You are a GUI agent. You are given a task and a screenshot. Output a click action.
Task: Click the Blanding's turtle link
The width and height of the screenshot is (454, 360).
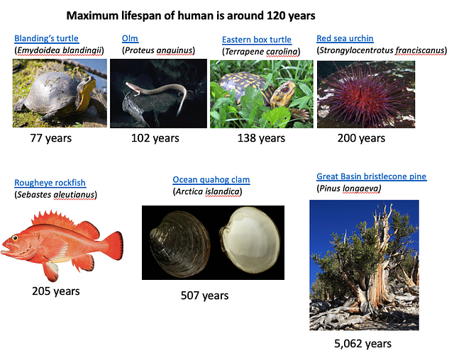(46, 38)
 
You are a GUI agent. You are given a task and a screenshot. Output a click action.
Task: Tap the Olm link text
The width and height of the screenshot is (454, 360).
(130, 38)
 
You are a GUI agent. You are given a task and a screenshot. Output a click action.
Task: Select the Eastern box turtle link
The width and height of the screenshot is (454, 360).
(257, 40)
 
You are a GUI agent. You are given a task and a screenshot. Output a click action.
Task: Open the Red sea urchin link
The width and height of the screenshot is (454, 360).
(345, 38)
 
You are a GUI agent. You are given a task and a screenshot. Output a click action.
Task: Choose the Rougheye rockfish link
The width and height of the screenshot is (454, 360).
(50, 183)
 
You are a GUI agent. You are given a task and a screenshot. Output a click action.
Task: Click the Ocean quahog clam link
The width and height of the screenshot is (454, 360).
(211, 179)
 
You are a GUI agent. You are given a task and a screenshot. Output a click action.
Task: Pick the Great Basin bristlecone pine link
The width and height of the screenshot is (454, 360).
(371, 176)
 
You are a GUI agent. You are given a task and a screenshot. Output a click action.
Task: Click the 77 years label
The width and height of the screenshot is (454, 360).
(50, 138)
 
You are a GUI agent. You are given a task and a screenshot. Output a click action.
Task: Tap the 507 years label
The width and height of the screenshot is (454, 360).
(204, 296)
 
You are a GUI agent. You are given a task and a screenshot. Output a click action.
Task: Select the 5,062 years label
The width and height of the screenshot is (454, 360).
(362, 344)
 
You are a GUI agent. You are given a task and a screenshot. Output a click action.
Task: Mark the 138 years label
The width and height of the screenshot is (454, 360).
(261, 138)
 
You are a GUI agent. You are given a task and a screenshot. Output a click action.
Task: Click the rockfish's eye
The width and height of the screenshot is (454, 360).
(15, 238)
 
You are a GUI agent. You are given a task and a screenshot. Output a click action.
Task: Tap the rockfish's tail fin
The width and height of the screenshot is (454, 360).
(113, 245)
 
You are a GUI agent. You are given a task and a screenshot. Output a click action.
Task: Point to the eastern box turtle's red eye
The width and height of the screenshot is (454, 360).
(287, 89)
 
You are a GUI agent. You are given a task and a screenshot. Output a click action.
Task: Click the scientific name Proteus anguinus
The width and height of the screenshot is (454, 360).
(158, 50)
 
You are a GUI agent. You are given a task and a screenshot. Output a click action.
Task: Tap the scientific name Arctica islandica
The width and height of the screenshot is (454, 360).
(207, 191)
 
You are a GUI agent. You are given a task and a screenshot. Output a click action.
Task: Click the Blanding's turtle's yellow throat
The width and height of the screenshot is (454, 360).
(87, 96)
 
